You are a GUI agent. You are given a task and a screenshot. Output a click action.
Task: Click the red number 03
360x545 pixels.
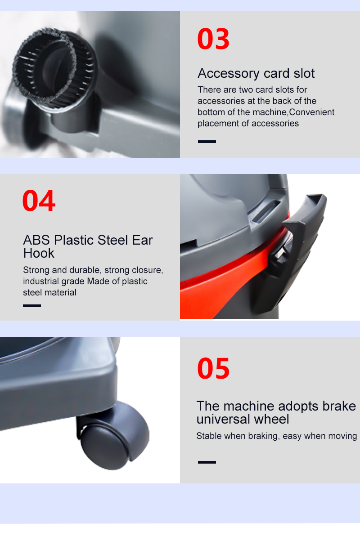pyautogui.click(x=213, y=38)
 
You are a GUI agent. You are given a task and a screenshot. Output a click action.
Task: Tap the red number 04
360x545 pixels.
pyautogui.click(x=39, y=201)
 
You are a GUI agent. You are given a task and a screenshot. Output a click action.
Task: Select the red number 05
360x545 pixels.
pyautogui.click(x=213, y=368)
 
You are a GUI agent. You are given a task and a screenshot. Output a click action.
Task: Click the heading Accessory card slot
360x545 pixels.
pyautogui.click(x=256, y=73)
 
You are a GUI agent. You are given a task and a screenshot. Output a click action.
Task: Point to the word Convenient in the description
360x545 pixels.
pyautogui.click(x=312, y=112)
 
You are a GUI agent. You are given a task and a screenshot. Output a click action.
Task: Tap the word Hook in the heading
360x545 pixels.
pyautogui.click(x=39, y=253)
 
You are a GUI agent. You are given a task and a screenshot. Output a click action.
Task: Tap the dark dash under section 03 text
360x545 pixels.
pyautogui.click(x=207, y=141)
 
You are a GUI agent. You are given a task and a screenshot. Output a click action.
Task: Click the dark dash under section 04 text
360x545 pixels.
pyautogui.click(x=32, y=306)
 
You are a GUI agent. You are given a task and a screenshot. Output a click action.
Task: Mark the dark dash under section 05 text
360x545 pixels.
pyautogui.click(x=207, y=462)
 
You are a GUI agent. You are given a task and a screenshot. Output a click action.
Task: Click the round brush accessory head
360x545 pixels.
pyautogui.click(x=54, y=69)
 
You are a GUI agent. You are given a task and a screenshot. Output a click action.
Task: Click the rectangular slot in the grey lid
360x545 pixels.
pyautogui.click(x=266, y=211)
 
